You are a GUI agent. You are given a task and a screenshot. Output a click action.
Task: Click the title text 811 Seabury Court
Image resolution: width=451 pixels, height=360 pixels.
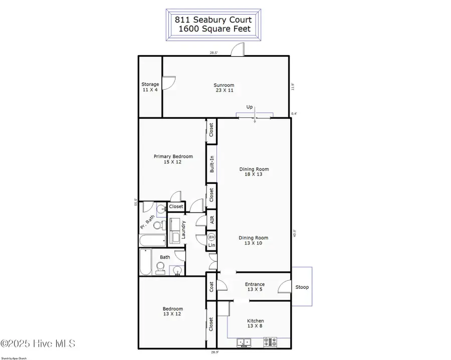tap(213, 20)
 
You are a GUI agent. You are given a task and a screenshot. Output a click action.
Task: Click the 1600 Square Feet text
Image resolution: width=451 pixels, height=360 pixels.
tap(213, 29)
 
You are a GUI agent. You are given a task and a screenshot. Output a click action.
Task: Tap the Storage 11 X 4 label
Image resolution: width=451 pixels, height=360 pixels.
tap(150, 87)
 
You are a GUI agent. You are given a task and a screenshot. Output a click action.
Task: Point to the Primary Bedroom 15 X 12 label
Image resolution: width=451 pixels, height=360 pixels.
tap(173, 159)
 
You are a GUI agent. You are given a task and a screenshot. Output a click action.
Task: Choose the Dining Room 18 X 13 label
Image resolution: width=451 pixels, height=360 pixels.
tap(253, 171)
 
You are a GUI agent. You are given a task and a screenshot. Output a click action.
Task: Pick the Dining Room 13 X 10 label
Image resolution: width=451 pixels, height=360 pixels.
tap(253, 241)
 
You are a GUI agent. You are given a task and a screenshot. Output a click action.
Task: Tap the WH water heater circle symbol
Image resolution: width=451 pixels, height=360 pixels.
tap(211, 237)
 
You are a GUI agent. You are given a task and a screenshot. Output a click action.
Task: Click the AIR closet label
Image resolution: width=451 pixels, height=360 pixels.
tap(212, 220)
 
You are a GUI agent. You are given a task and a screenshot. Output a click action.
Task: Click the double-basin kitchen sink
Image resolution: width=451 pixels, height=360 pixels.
tap(245, 343)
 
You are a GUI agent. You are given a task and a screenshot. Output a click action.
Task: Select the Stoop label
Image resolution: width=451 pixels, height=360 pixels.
tap(302, 287)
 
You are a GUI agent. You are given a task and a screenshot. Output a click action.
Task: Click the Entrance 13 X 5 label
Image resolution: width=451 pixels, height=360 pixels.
tap(255, 287)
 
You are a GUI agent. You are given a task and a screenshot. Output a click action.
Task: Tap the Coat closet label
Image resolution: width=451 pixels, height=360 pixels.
tap(211, 287)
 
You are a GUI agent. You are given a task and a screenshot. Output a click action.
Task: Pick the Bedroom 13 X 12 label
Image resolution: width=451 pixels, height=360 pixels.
tap(172, 311)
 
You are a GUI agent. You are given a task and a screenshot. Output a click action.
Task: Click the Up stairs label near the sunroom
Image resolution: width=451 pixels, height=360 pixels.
tap(249, 107)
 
